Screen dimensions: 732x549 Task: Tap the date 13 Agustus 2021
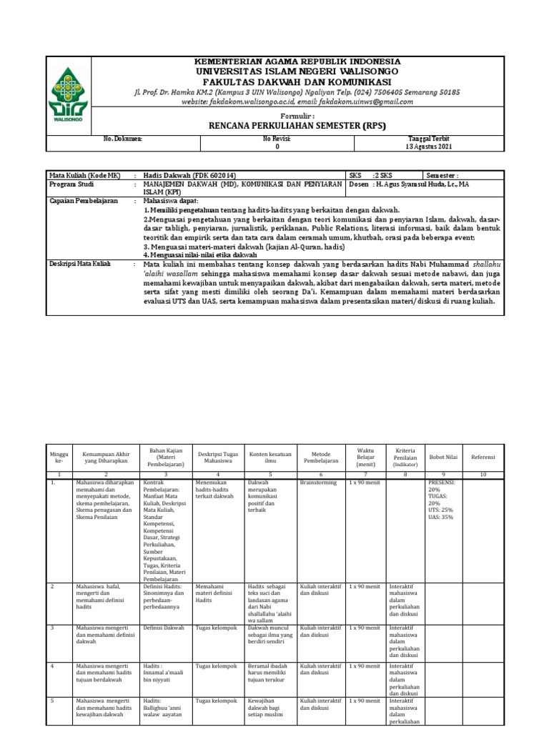pyautogui.click(x=429, y=146)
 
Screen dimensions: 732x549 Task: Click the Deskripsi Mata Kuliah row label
pyautogui.click(x=79, y=263)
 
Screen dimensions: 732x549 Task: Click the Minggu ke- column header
pyautogui.click(x=58, y=456)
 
